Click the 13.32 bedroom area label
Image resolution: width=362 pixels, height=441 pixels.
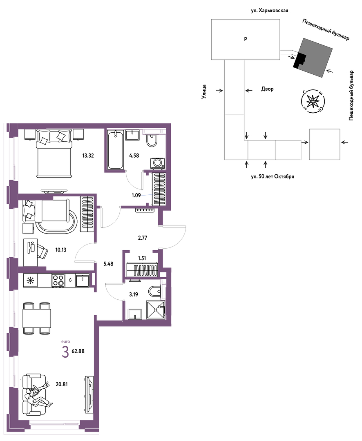pyautogui.click(x=88, y=156)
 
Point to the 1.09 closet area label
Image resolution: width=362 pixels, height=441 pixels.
pyautogui.click(x=136, y=195)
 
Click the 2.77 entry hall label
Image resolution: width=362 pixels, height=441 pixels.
pyautogui.click(x=143, y=238)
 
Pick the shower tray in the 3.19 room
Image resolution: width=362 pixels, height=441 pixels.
pyautogui.click(x=155, y=310)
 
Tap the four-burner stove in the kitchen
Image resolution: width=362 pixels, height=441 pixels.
pyautogui.click(x=58, y=281)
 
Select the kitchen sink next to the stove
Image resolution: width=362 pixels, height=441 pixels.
pyautogui.click(x=82, y=281)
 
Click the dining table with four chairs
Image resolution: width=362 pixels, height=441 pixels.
pyautogui.click(x=37, y=318)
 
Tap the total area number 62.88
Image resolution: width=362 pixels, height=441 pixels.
pyautogui.click(x=78, y=351)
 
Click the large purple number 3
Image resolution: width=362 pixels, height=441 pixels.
pyautogui.click(x=65, y=352)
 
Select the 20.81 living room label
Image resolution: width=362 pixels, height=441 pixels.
pyautogui.click(x=61, y=385)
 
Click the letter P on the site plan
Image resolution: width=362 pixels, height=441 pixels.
pyautogui.click(x=246, y=39)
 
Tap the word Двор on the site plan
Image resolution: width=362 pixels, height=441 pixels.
pyautogui.click(x=267, y=89)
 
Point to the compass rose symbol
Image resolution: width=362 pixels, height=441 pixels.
pyautogui.click(x=313, y=101)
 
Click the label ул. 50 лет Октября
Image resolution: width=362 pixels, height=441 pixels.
pyautogui.click(x=272, y=177)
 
